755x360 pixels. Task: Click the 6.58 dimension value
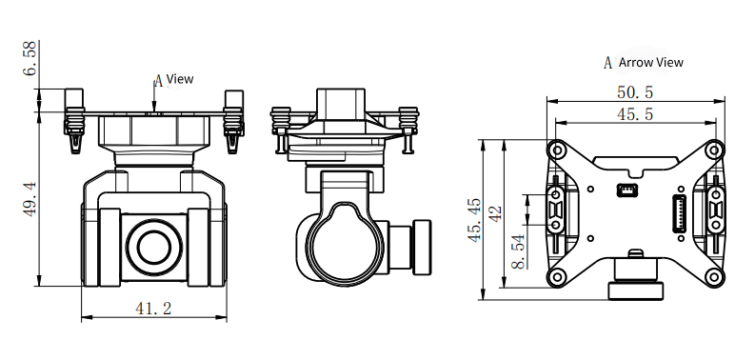[30, 58]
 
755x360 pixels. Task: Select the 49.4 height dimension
[30, 199]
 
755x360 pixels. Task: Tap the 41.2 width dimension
[153, 309]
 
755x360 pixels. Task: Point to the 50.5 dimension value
[635, 92]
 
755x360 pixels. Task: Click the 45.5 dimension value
[635, 114]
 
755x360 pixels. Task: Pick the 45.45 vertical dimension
[473, 220]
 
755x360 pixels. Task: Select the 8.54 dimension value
[519, 251]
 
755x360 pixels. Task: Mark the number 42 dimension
[495, 213]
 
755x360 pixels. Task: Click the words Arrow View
[651, 62]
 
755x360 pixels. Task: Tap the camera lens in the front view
[154, 248]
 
